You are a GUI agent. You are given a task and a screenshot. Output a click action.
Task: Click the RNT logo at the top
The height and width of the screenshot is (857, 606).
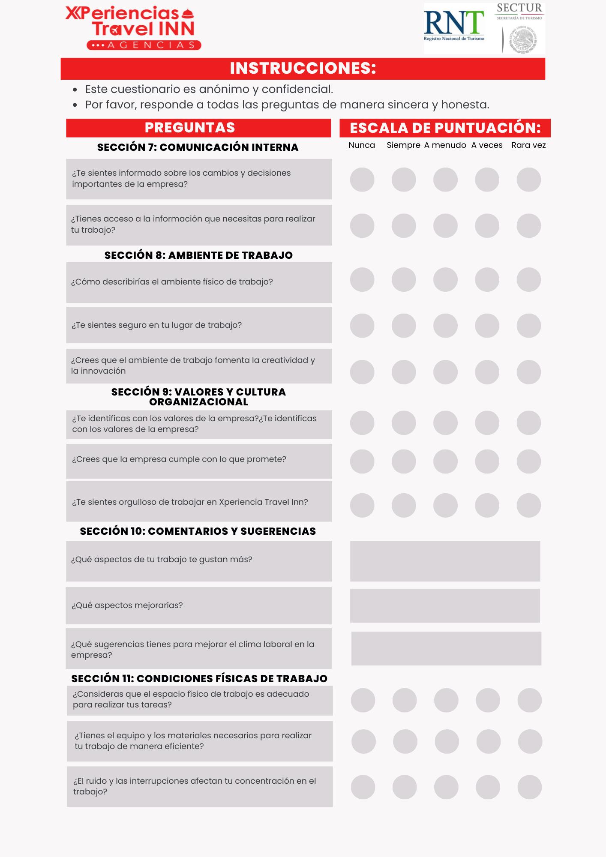(454, 24)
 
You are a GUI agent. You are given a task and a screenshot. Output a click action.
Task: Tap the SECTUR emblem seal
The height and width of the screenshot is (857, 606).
(522, 40)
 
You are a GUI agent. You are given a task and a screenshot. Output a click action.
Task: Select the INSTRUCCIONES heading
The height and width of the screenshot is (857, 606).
(303, 69)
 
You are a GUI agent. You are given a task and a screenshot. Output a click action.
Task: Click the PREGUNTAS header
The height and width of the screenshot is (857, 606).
(190, 128)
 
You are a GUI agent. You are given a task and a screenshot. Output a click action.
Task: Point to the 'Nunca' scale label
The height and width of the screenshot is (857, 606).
(362, 145)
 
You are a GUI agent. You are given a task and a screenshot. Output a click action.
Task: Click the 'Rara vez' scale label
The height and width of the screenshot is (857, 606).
(528, 145)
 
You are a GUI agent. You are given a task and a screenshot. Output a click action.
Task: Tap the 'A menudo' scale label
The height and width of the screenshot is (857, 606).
(445, 145)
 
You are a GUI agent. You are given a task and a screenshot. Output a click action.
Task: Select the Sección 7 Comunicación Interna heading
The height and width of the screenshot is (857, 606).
(198, 147)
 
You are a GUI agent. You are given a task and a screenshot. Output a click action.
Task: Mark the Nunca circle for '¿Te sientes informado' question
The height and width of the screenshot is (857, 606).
(362, 180)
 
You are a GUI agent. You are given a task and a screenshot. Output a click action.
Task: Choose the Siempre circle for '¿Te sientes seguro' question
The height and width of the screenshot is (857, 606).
(404, 326)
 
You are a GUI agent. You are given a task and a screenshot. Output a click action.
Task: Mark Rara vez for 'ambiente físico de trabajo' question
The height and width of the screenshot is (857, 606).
(528, 280)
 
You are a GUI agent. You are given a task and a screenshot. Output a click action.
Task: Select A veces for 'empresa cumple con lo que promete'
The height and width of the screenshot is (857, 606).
(487, 461)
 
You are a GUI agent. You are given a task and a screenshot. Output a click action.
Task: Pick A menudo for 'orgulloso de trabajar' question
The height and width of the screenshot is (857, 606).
(445, 505)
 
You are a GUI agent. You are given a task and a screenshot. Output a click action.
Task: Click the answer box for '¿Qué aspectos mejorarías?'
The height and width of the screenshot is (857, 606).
(445, 605)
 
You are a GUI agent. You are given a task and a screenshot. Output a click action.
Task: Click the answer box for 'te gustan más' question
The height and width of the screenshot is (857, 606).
(445, 561)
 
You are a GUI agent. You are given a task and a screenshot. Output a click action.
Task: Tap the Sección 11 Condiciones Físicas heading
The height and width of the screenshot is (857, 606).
(199, 679)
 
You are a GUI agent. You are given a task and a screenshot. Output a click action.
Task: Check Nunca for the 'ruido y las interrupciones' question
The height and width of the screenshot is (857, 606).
(363, 787)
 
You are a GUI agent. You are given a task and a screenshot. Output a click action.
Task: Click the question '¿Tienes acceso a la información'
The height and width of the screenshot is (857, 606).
(193, 224)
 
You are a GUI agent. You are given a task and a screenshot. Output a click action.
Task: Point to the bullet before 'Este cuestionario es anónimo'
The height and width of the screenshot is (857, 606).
(75, 90)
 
